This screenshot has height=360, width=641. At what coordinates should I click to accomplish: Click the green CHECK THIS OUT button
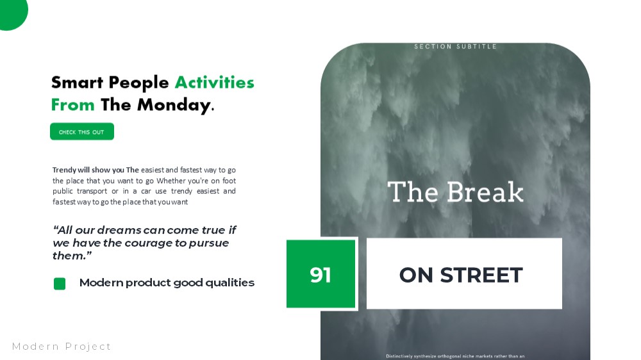click(x=82, y=131)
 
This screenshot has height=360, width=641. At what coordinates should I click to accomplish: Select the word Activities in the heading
click(x=215, y=83)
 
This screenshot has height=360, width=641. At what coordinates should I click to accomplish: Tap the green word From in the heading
click(x=73, y=105)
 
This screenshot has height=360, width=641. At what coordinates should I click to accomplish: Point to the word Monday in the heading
click(x=174, y=106)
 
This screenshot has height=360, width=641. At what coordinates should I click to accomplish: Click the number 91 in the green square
click(x=320, y=275)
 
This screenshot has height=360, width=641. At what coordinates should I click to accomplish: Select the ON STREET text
click(x=461, y=275)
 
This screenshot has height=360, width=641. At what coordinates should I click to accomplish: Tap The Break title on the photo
click(x=455, y=192)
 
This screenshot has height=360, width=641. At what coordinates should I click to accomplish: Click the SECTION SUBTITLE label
click(x=455, y=47)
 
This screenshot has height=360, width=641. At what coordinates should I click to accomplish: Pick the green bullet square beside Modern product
click(x=60, y=284)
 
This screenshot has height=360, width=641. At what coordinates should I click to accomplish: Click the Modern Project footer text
click(x=62, y=347)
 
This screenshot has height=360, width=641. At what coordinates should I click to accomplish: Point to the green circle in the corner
click(x=12, y=13)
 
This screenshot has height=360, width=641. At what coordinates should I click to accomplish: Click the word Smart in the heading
click(x=78, y=83)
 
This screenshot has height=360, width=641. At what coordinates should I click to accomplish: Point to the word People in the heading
click(x=138, y=83)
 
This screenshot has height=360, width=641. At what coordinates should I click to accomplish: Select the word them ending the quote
click(x=69, y=256)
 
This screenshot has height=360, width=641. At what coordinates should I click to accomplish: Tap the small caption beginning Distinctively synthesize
click(x=455, y=356)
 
